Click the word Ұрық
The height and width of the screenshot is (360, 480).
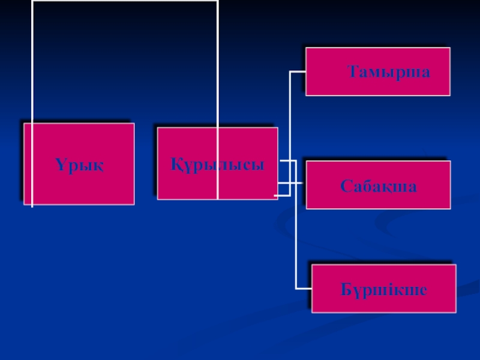[x=79, y=164]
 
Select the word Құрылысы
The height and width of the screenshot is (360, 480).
[x=217, y=164]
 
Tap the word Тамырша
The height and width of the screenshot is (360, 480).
[x=389, y=73]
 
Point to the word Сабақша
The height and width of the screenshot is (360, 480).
[x=379, y=185]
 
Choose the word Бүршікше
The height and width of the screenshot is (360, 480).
[x=384, y=290]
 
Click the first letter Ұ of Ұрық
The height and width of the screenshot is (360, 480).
[x=61, y=164]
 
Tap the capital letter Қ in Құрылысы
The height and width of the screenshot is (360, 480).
[x=176, y=164]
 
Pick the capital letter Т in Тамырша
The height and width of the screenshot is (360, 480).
[x=354, y=73]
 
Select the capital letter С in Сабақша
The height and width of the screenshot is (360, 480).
[x=346, y=185]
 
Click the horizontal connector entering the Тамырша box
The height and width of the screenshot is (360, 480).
[x=298, y=72]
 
